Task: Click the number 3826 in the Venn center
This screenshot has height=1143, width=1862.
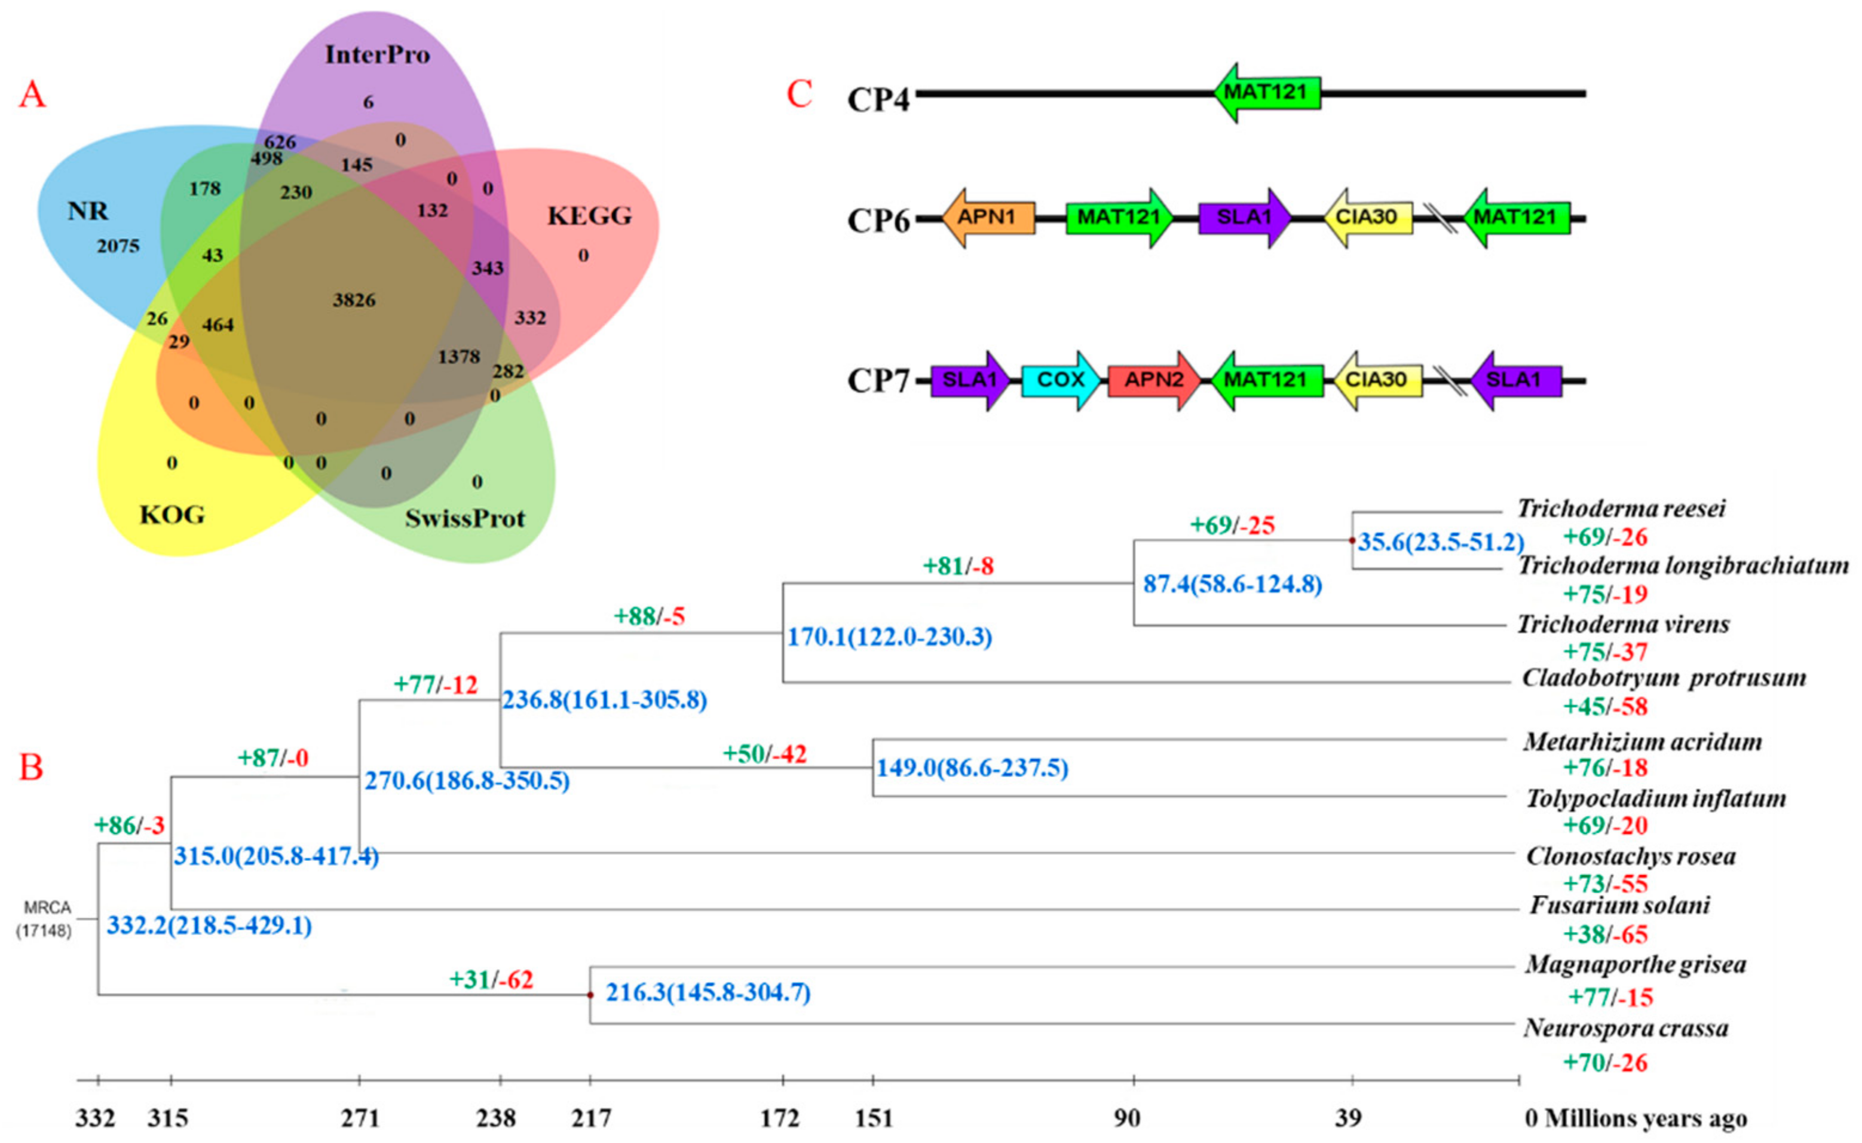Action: pyautogui.click(x=354, y=300)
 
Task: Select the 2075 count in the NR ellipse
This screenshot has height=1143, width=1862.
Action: pyautogui.click(x=118, y=246)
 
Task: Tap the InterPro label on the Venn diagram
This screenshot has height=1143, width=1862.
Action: pyautogui.click(x=377, y=54)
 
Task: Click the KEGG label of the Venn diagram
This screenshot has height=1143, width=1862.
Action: pyautogui.click(x=589, y=216)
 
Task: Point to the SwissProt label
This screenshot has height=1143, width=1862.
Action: pyautogui.click(x=465, y=518)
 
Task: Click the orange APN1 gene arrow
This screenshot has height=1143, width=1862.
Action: pyautogui.click(x=988, y=218)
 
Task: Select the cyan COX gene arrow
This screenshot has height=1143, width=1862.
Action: pyautogui.click(x=1060, y=380)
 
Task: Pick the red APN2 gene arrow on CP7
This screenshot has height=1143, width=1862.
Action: pyautogui.click(x=1153, y=380)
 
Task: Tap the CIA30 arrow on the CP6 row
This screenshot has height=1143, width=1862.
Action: pyautogui.click(x=1368, y=218)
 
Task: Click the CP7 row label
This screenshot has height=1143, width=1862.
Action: pyautogui.click(x=878, y=380)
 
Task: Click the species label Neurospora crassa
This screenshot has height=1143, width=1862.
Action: pyautogui.click(x=1625, y=1028)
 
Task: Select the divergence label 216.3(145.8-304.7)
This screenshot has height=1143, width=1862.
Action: pyautogui.click(x=708, y=992)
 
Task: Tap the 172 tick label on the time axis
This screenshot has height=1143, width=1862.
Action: pyautogui.click(x=779, y=1118)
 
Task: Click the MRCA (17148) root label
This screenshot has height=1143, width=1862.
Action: pyautogui.click(x=45, y=918)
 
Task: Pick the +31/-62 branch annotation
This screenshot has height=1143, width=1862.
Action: pyautogui.click(x=491, y=980)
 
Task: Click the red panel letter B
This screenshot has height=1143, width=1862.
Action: pyautogui.click(x=31, y=768)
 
